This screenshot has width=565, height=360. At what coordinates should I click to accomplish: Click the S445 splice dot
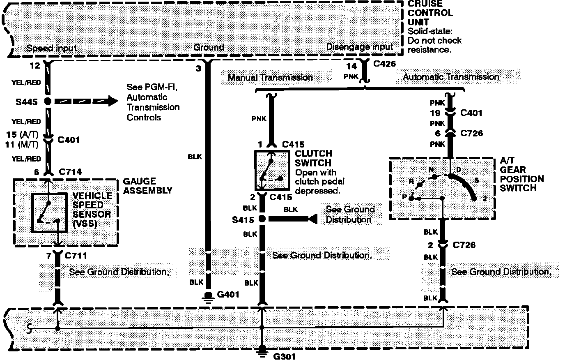point(48,101)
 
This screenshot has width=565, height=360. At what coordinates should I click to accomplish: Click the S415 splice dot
point(262,219)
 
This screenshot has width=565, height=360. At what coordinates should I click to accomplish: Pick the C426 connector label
point(385,64)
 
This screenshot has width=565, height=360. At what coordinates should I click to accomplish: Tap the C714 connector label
point(70,172)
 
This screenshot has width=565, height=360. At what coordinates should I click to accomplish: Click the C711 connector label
point(76,256)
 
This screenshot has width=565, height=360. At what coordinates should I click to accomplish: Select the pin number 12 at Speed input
point(35,65)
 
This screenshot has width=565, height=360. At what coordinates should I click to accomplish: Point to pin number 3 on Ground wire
point(198,69)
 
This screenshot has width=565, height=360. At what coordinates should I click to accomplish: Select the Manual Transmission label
point(270,77)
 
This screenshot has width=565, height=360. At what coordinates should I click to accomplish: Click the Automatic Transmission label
point(451,77)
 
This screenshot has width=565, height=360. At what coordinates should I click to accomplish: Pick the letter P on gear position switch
point(404,198)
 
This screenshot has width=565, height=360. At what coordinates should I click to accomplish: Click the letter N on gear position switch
point(431,170)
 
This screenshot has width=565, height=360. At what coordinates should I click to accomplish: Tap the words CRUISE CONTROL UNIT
point(429,13)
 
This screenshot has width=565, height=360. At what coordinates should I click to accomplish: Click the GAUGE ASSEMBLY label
point(148,186)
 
